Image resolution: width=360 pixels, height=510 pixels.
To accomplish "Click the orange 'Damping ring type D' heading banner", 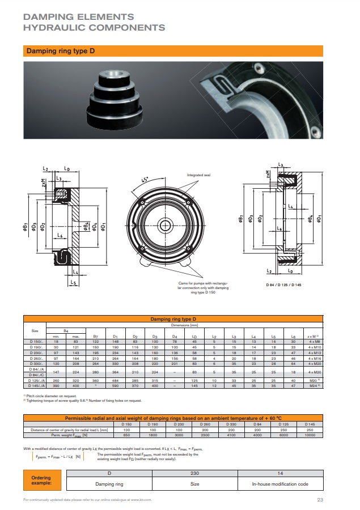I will click(60, 51).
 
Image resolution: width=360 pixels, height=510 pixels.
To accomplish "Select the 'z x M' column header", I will click(311, 336).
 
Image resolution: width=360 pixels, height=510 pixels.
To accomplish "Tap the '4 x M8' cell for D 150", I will click(311, 342).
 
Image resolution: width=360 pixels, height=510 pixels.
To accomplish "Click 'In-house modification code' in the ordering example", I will click(280, 484).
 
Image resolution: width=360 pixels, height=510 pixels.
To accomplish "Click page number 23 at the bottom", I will click(320, 500).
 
